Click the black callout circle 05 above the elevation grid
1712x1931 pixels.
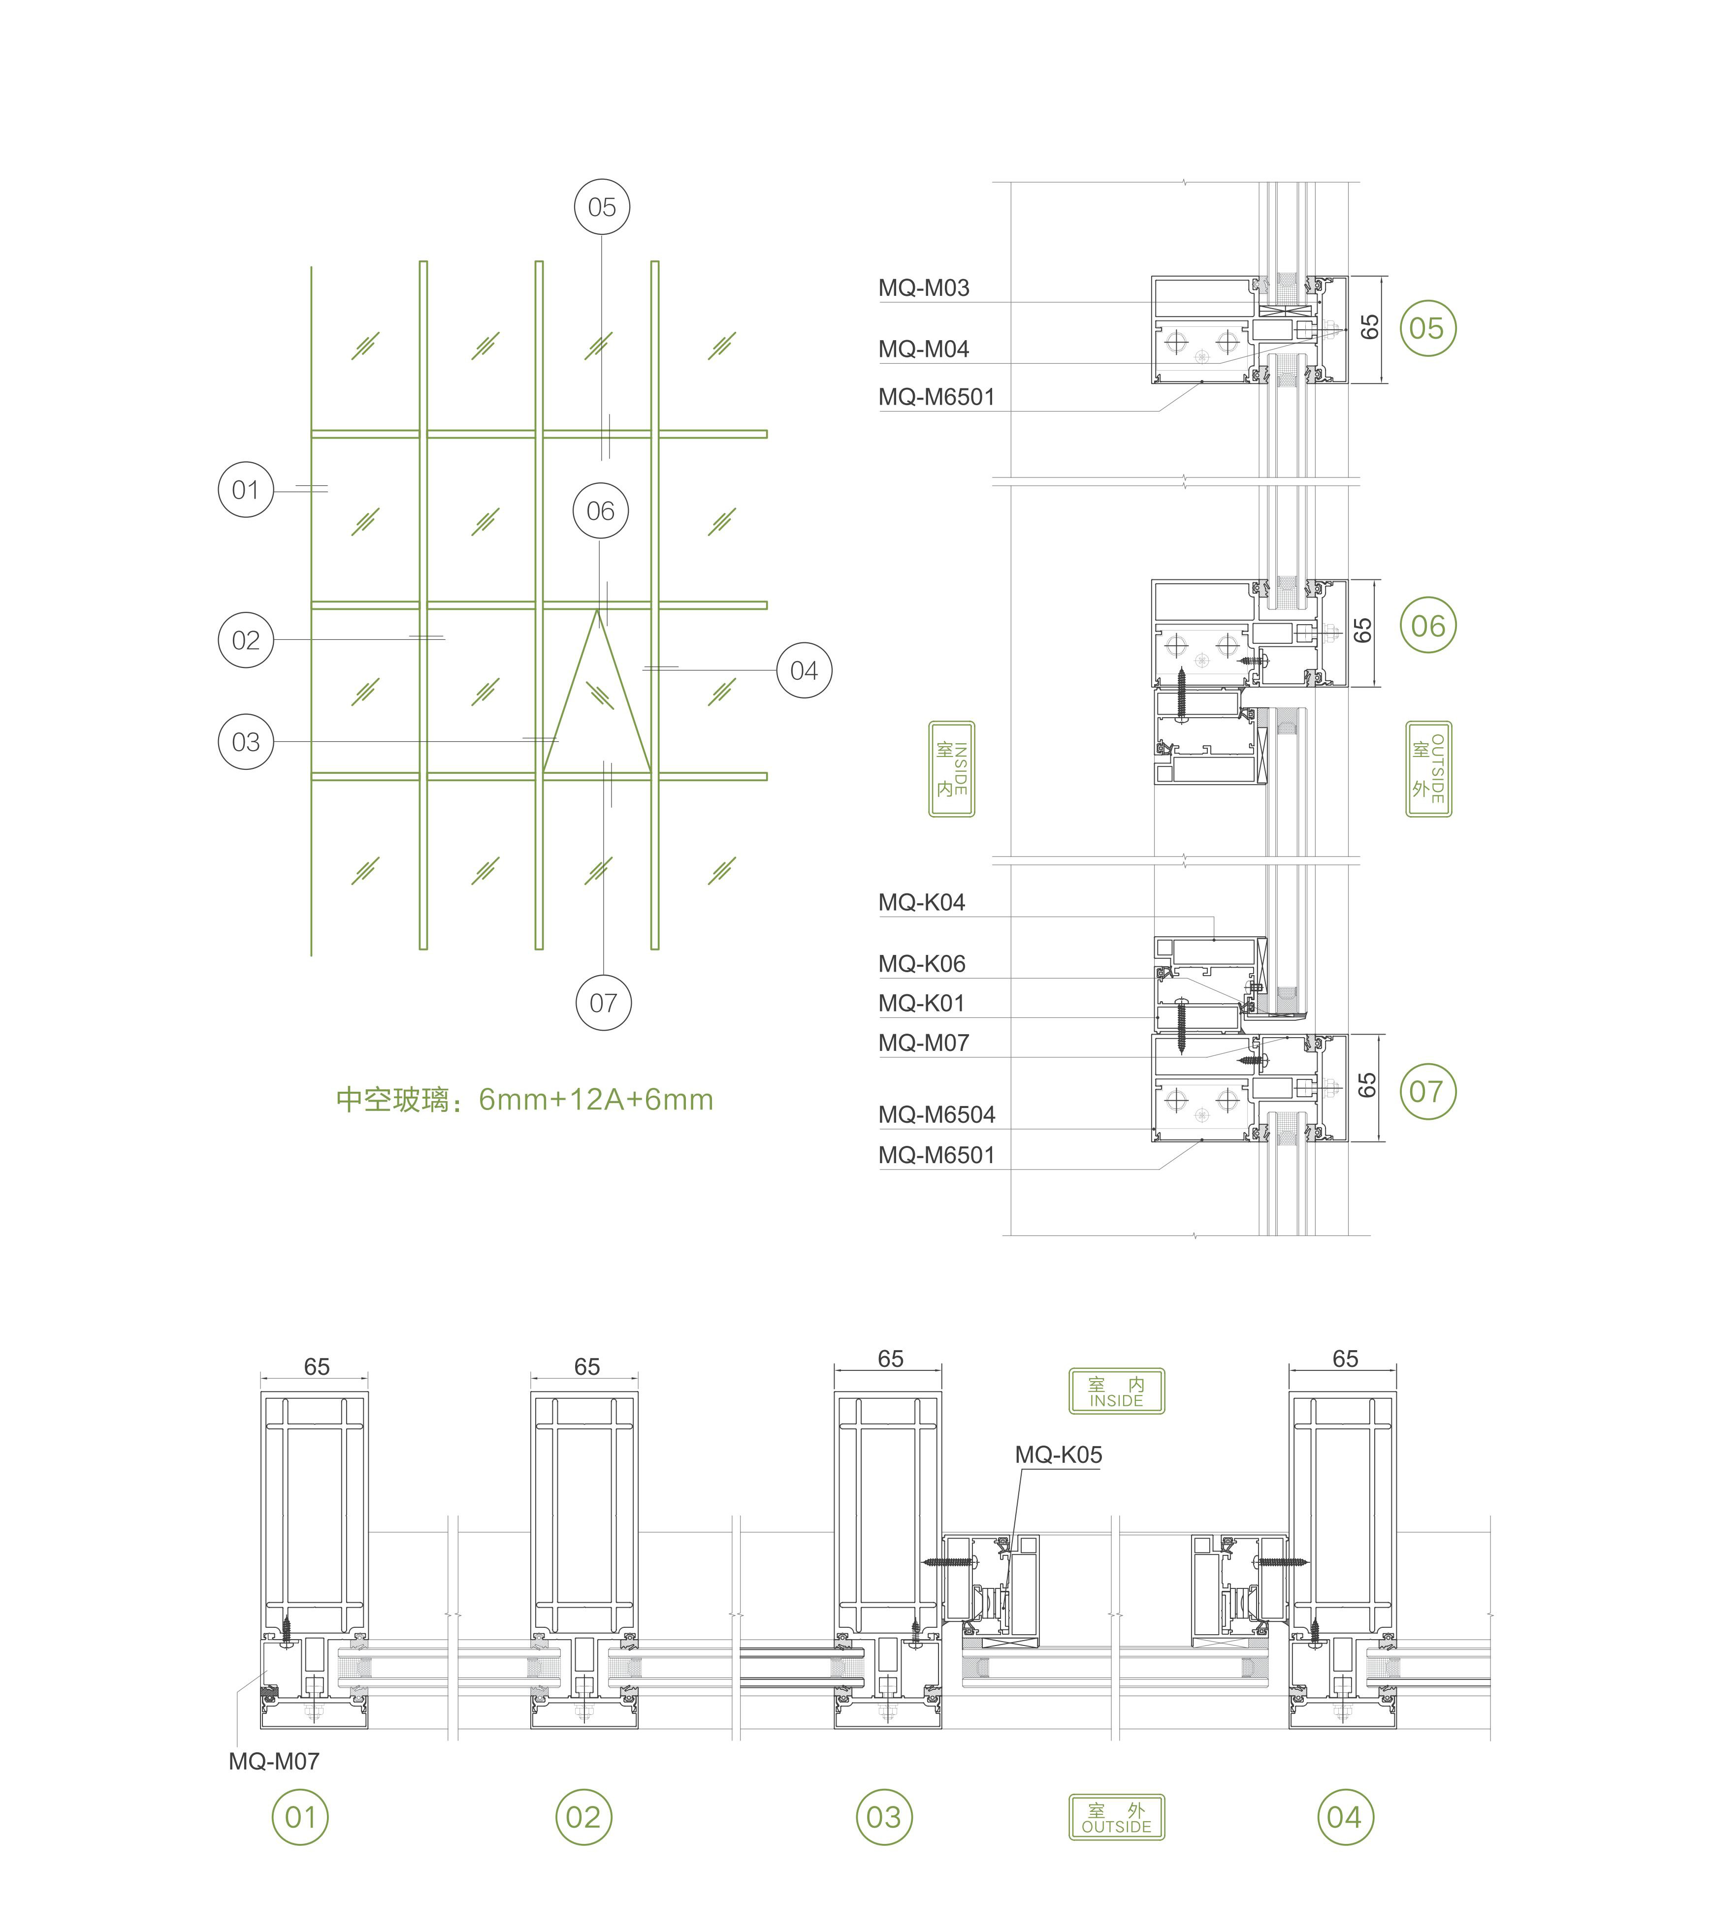[x=602, y=207]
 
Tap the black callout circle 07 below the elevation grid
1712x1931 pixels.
[x=603, y=1002]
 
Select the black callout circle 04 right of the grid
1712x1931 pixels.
[x=804, y=670]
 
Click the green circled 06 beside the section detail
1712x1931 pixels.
[x=1427, y=626]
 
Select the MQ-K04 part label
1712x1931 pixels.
[x=921, y=902]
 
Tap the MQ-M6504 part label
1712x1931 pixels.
[x=937, y=1115]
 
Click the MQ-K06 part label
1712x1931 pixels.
[x=921, y=964]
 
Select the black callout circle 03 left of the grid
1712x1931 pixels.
[x=246, y=742]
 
